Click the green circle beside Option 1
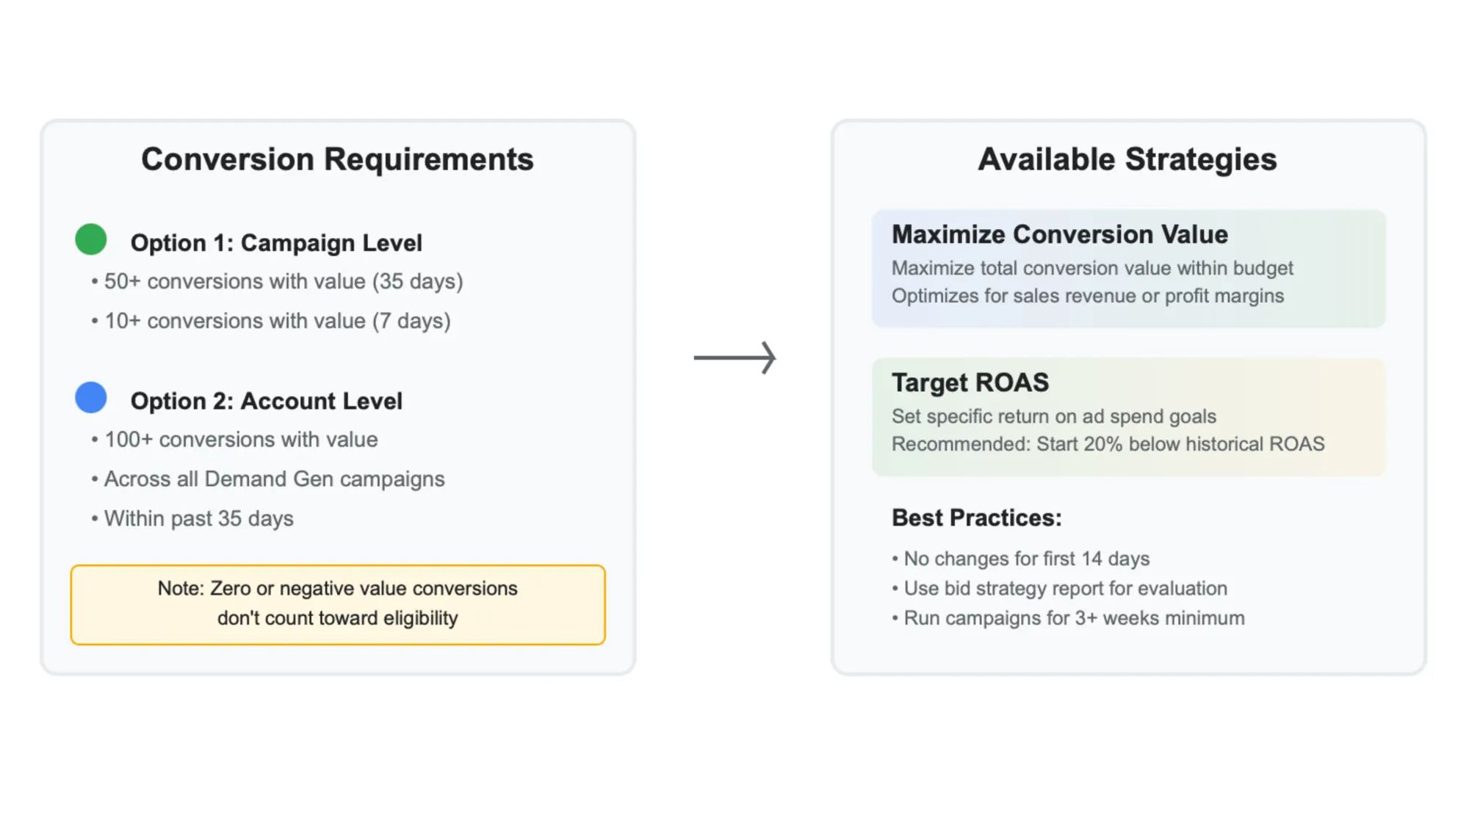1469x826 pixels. point(91,239)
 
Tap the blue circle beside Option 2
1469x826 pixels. point(91,397)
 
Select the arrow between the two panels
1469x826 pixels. point(734,358)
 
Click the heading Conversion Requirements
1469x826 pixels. point(337,159)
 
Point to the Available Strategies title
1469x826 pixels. point(1127,159)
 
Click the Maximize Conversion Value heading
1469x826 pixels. point(1059,234)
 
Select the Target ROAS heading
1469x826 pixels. point(970,383)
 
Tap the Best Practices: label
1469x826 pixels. point(976,518)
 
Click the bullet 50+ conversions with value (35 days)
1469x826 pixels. point(283,281)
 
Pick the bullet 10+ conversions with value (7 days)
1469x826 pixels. point(277,321)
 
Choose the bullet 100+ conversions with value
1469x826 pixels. point(240,439)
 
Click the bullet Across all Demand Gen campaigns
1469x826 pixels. point(274,479)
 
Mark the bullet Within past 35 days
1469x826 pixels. point(198,518)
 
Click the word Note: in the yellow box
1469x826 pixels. point(181,588)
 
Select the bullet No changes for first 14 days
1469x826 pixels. point(1026,559)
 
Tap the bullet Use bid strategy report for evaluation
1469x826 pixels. point(1065,588)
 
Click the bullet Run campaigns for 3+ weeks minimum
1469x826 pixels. point(1074,618)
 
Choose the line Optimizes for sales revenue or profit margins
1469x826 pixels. point(1087,296)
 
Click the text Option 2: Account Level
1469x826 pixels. point(266,401)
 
